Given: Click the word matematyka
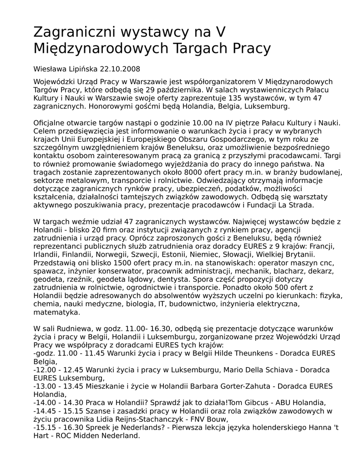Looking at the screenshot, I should (x=56, y=312).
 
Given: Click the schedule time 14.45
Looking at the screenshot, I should (x=46, y=411).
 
